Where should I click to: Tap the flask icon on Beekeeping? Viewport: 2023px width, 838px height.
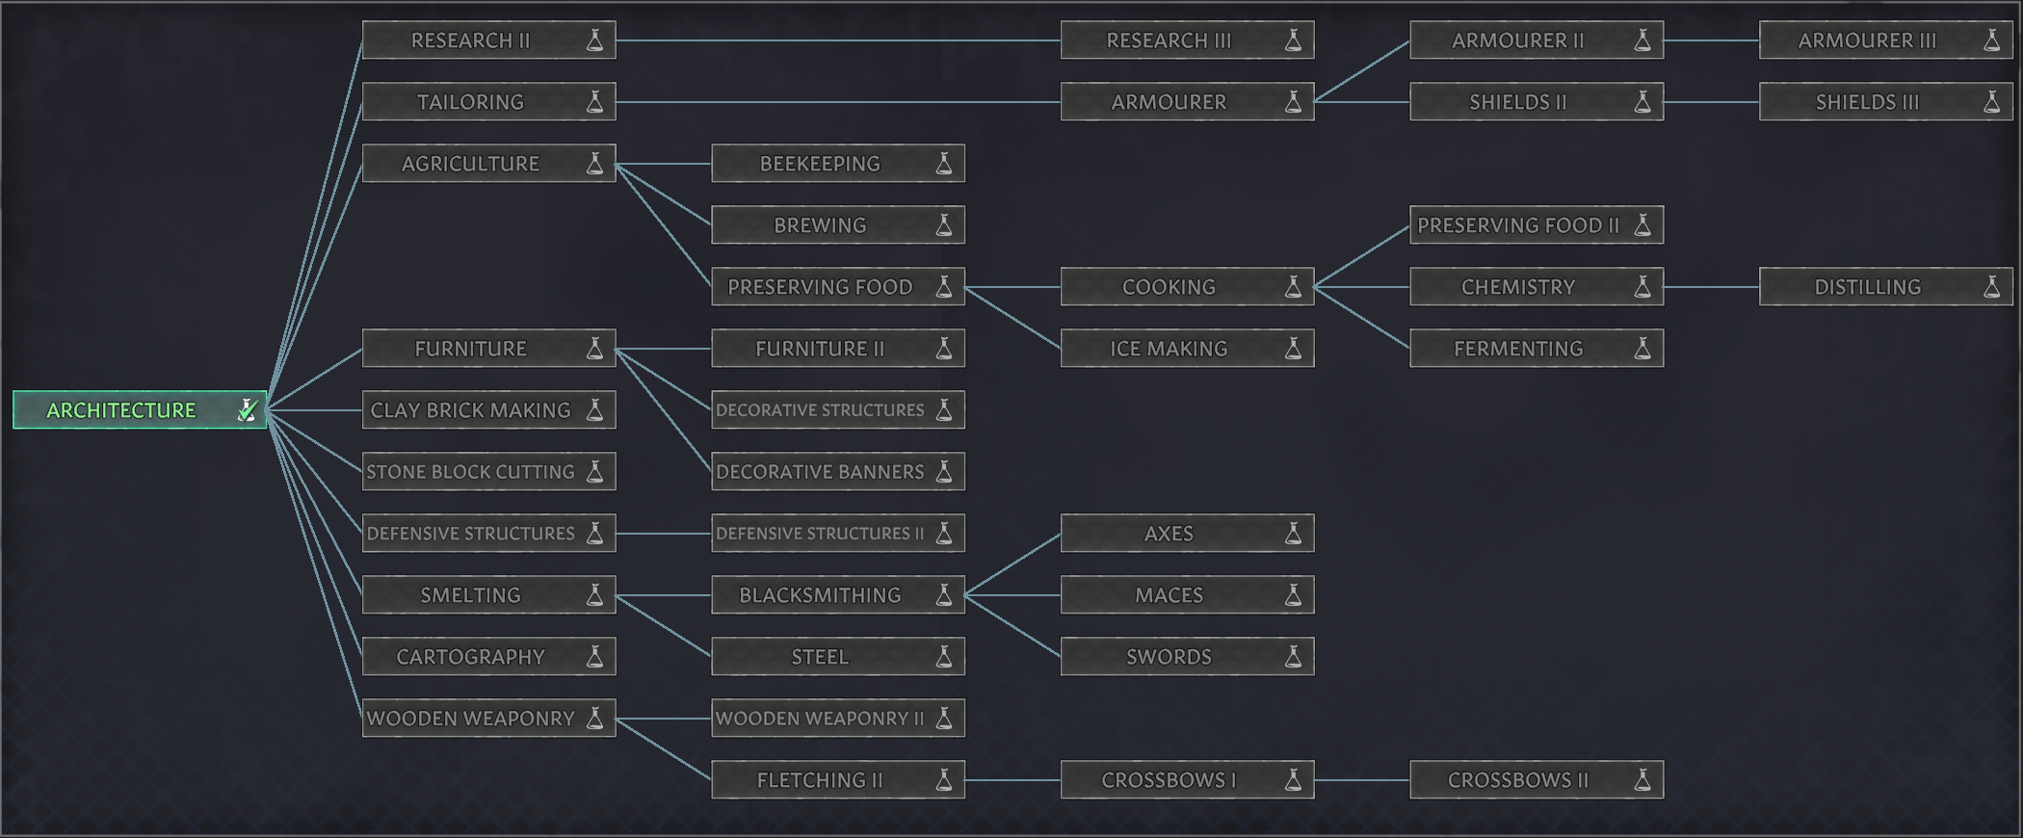944,164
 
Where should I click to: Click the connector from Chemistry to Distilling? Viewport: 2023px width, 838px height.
1711,287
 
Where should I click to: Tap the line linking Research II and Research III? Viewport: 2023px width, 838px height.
838,40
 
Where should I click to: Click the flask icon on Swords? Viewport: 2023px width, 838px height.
1293,657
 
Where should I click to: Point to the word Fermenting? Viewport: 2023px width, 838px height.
1518,349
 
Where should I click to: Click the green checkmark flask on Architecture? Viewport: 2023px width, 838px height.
247,409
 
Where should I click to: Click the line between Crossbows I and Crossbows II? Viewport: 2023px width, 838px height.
1362,780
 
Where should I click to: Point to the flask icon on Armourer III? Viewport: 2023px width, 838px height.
1991,40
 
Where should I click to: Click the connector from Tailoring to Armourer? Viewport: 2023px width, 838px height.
838,102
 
